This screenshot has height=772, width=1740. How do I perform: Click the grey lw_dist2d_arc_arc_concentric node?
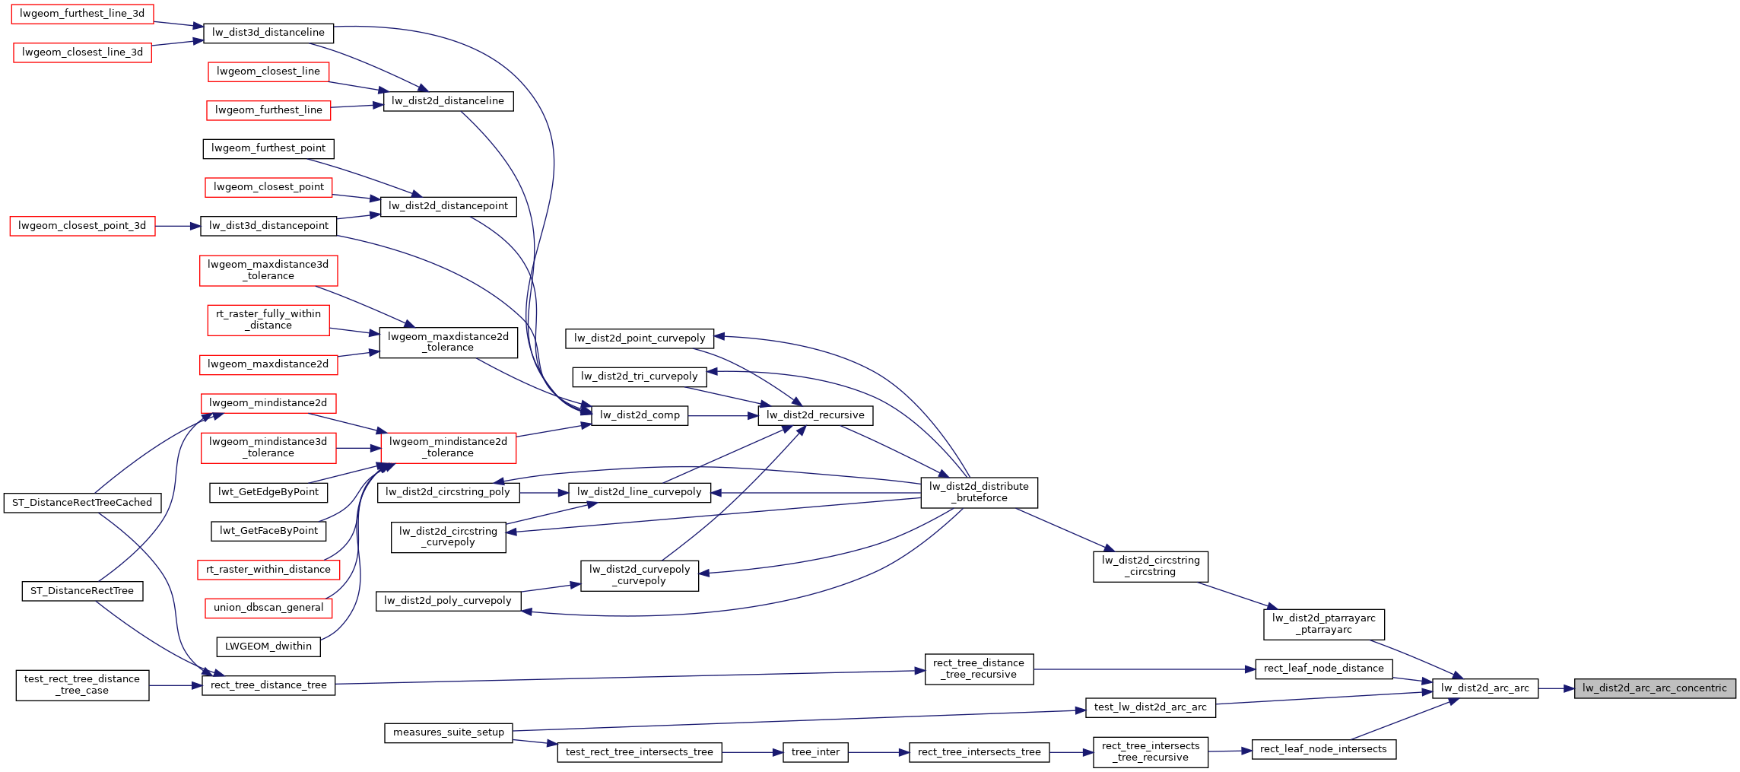pos(1655,688)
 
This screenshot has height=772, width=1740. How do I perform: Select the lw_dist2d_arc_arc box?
pos(1484,688)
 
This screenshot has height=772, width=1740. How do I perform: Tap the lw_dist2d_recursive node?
pos(815,415)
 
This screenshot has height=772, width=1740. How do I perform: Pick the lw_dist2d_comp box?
pos(640,415)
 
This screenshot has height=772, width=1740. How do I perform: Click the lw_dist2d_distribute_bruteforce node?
pos(979,492)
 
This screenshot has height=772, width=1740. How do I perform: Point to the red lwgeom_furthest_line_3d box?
pos(82,14)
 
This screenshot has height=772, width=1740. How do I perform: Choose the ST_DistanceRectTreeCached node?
pos(82,503)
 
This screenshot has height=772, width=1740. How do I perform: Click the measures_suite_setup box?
pos(449,732)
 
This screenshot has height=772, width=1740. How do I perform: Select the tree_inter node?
pos(815,752)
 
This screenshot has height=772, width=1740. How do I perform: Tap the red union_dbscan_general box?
pos(268,608)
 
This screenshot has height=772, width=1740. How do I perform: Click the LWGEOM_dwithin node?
pos(268,647)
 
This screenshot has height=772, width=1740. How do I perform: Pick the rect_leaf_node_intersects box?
pos(1323,749)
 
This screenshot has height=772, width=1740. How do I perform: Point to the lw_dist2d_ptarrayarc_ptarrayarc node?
pos(1323,624)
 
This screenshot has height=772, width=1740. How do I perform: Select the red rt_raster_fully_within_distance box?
pos(268,319)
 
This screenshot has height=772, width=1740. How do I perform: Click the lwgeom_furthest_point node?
pos(268,148)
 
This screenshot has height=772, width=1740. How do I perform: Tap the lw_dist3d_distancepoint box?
pos(268,226)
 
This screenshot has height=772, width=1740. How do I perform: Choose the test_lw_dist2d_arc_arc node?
pos(1150,707)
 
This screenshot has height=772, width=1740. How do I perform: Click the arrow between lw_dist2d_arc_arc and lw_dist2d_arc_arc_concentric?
pos(1556,688)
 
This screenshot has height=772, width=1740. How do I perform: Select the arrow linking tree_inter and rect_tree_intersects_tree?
pos(878,752)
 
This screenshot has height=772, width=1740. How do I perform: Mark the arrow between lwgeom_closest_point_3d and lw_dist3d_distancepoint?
pos(178,226)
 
